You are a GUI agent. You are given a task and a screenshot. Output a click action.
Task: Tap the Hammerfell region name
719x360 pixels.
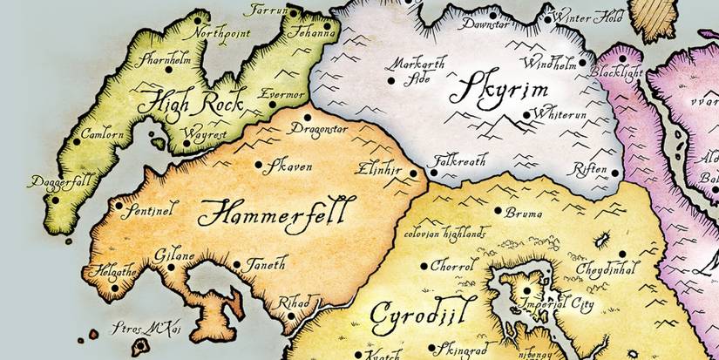click(276, 211)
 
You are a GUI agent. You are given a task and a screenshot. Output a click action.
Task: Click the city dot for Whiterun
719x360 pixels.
click(526, 113)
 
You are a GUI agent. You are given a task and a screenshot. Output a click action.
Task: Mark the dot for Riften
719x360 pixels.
click(614, 173)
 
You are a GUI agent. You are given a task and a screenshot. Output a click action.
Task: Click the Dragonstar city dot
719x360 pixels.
click(307, 118)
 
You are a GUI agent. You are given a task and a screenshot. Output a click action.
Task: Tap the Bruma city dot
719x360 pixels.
click(498, 211)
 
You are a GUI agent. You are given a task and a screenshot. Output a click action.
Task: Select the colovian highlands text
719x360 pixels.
click(445, 233)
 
